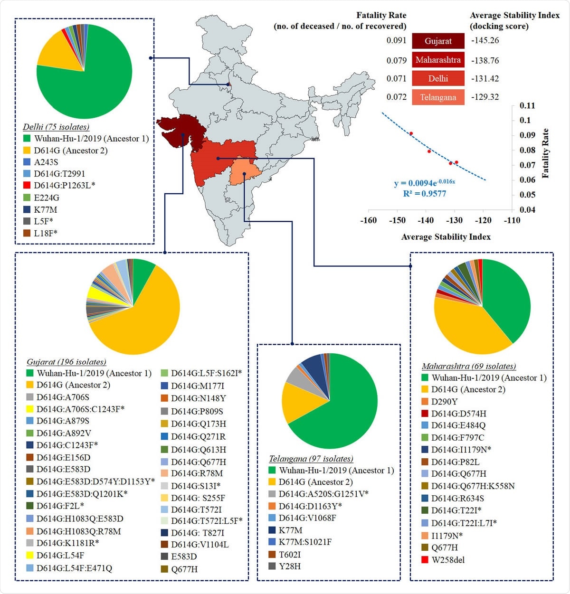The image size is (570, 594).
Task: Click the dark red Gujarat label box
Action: coord(438,41)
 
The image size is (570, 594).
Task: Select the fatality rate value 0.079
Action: coord(397,60)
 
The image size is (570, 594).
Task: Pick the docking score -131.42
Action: coord(485,79)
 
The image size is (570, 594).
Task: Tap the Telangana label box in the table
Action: coord(438,97)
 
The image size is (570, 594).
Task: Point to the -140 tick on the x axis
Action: coord(426,220)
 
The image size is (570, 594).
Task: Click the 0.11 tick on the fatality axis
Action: coord(527,105)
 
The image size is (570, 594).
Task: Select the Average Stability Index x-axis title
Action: coord(446,237)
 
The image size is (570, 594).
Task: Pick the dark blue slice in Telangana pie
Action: coord(312,364)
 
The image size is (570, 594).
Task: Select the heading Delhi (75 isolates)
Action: coord(56,127)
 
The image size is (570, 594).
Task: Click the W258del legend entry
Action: coord(448,560)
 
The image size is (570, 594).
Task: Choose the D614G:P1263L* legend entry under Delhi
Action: coord(65,186)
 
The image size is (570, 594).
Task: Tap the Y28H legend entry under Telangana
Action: coord(289,566)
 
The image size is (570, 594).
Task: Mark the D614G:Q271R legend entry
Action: coord(199,437)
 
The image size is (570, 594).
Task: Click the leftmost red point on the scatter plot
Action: coord(411,133)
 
